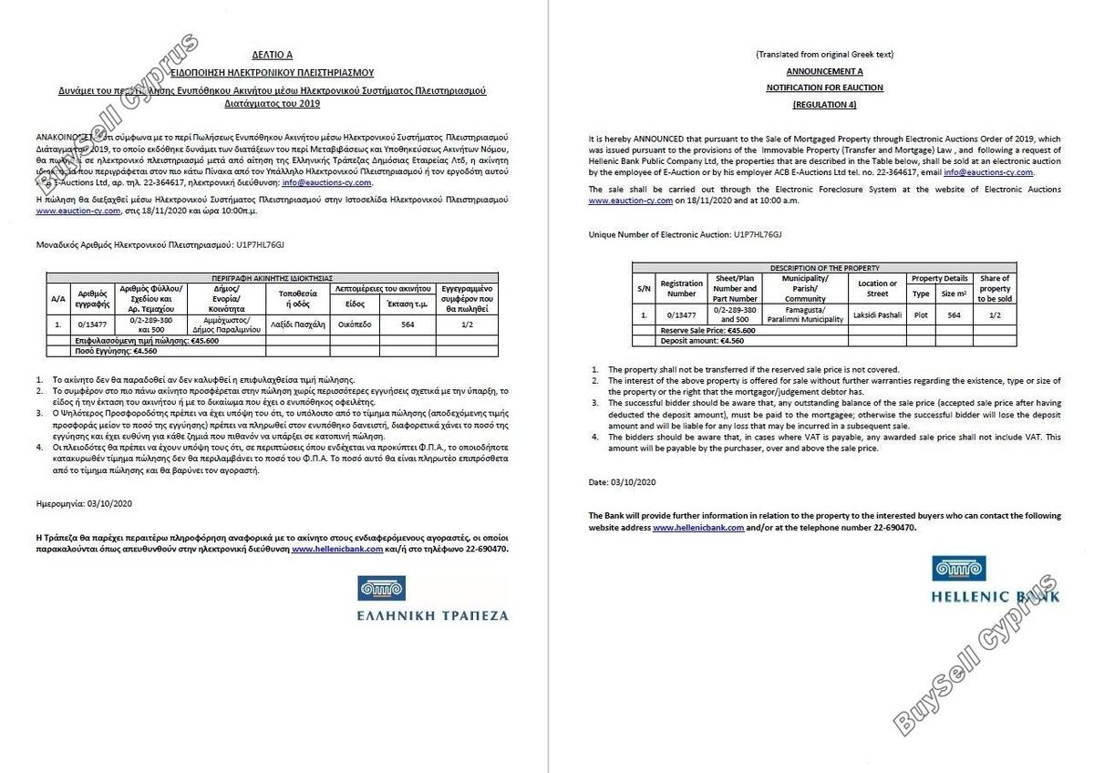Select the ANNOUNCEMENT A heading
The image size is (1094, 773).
[824, 71]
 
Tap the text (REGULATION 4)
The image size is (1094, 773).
[824, 105]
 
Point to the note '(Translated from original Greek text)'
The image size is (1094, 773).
[824, 55]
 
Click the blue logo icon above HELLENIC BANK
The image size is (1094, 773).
[959, 569]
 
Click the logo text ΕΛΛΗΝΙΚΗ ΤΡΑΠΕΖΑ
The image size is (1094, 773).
[433, 615]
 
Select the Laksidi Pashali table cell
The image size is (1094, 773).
[877, 314]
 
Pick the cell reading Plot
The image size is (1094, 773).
[921, 314]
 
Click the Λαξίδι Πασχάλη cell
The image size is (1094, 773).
[297, 323]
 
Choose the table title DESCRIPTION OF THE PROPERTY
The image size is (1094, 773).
[824, 268]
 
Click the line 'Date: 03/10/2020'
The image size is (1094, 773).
[623, 481]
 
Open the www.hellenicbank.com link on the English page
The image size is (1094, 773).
[698, 528]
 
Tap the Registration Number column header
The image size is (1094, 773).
[681, 289]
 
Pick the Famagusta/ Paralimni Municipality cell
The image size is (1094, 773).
[805, 314]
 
